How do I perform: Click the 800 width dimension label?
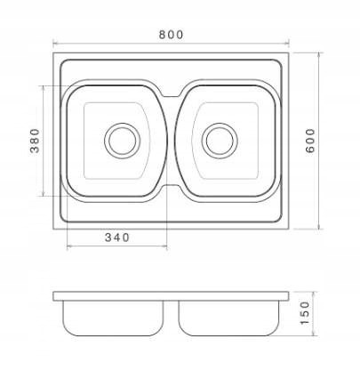(x=172, y=35)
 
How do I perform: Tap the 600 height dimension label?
(x=310, y=141)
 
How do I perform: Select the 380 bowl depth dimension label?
(x=35, y=141)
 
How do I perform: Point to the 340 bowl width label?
(x=117, y=238)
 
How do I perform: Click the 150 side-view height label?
(x=305, y=313)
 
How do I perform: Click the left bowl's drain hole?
(x=122, y=141)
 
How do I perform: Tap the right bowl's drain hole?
(x=220, y=141)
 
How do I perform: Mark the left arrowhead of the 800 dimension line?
(x=55, y=44)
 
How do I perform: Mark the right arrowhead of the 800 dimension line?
(x=287, y=44)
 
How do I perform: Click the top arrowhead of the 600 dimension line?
(x=318, y=55)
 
